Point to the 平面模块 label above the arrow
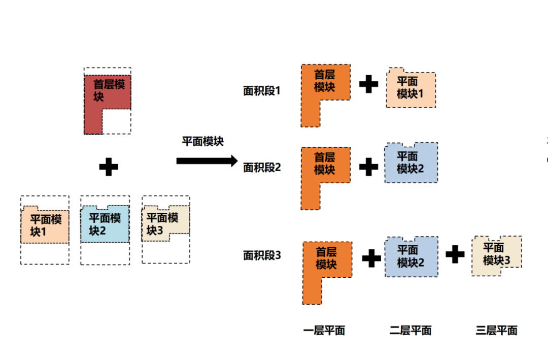pyautogui.click(x=202, y=142)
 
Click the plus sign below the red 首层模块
pyautogui.click(x=108, y=167)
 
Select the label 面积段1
pyautogui.click(x=262, y=91)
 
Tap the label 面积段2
pyautogui.click(x=262, y=167)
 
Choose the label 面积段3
pyautogui.click(x=262, y=255)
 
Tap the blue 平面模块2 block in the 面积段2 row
pyautogui.click(x=410, y=163)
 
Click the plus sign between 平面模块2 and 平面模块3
pyautogui.click(x=455, y=254)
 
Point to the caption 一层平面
pyautogui.click(x=324, y=331)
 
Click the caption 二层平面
pyautogui.click(x=410, y=331)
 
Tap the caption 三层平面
pyautogui.click(x=496, y=331)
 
